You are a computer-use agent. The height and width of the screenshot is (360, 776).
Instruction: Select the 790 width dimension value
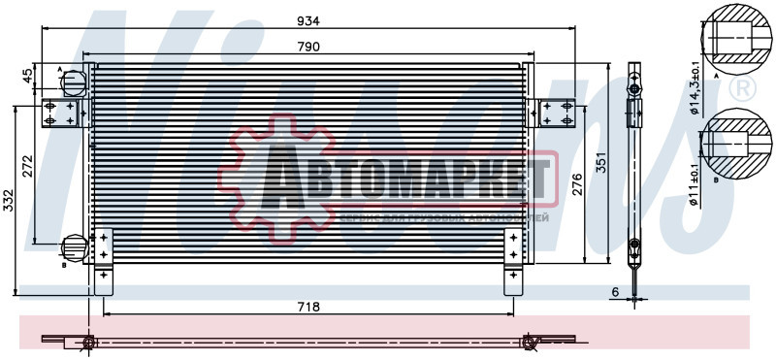308,46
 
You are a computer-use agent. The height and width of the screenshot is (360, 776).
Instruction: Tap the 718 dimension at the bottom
308,306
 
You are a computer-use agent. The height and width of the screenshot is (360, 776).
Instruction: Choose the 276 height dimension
574,184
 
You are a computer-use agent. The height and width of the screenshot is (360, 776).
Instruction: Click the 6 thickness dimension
614,291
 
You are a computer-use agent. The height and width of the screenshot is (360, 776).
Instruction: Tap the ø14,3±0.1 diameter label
695,87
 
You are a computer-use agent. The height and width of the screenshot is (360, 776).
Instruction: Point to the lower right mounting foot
512,280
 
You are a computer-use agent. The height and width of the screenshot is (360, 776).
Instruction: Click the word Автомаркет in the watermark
407,183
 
